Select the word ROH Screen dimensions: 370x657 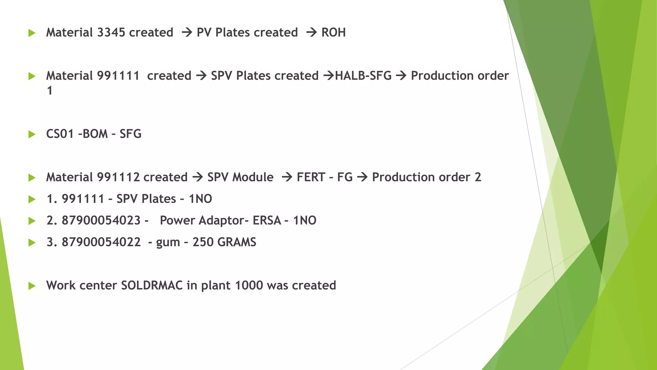[x=333, y=32]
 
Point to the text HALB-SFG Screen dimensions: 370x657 [x=363, y=76]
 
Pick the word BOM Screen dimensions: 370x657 [x=95, y=134]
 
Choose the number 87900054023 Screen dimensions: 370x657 [x=101, y=221]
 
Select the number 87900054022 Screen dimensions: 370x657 [x=101, y=242]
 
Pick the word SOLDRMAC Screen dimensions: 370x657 [x=152, y=286]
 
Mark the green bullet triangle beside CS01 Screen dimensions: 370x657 [x=32, y=134]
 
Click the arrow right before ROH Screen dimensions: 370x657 [x=311, y=32]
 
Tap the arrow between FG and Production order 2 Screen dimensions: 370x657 [x=362, y=177]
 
